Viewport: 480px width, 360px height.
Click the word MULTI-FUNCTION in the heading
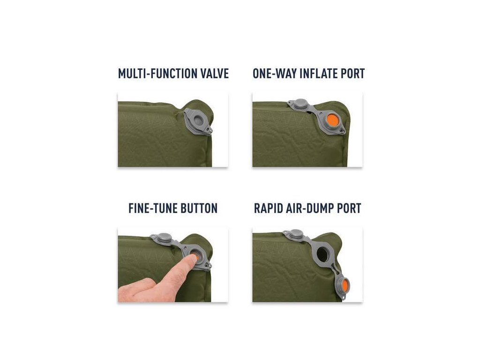tap(157, 74)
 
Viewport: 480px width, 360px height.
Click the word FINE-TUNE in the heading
tap(153, 208)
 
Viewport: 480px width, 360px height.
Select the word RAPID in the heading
tap(268, 208)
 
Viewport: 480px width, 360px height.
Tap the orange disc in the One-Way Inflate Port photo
tap(332, 120)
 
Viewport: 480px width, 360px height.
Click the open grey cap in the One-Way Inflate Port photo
tap(300, 104)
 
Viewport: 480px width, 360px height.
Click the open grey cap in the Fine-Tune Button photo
tap(165, 237)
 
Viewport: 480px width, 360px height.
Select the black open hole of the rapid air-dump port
tap(322, 254)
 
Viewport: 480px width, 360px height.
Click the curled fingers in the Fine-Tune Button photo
tap(141, 290)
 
